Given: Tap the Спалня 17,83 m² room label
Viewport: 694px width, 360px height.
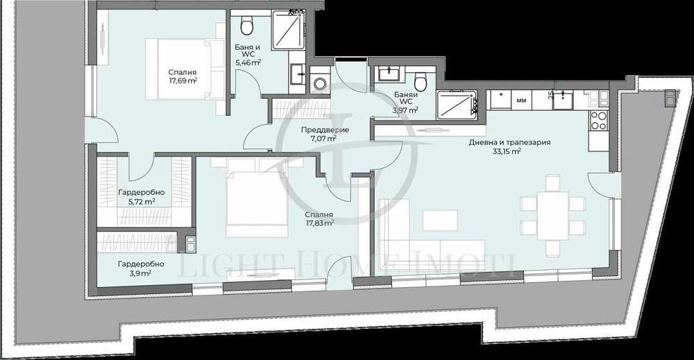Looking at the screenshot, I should (x=319, y=219).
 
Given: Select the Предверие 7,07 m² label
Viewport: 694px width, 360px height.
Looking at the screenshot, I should (x=320, y=134).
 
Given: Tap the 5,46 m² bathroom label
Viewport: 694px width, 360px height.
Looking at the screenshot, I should (x=248, y=53).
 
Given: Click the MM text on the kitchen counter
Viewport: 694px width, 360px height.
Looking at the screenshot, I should (x=520, y=101).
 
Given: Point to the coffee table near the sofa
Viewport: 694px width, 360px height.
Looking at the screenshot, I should (x=442, y=220).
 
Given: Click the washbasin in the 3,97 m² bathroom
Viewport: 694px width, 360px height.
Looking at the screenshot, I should (x=386, y=74).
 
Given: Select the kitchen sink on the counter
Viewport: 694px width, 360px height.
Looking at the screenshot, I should (x=562, y=101).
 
